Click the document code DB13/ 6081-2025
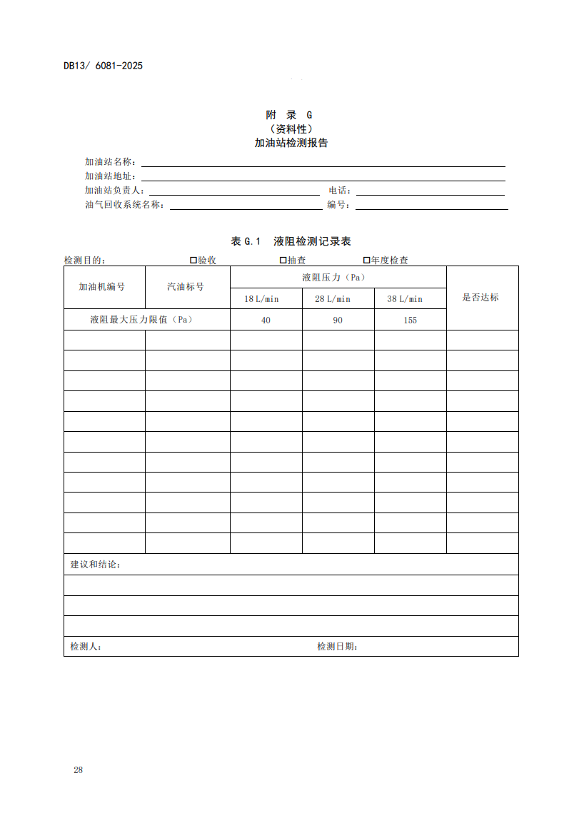(103, 66)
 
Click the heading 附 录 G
(289, 115)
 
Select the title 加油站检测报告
(289, 143)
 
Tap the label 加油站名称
(110, 162)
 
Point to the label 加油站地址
(110, 176)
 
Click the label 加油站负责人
(115, 191)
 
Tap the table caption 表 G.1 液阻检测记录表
(289, 242)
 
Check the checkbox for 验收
(193, 261)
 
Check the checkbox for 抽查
(283, 261)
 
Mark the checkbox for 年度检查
(366, 261)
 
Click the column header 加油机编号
(102, 287)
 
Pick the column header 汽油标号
(186, 287)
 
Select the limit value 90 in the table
(338, 320)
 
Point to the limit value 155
(410, 320)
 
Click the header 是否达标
(481, 298)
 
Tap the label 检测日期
(337, 647)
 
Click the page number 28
(78, 770)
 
